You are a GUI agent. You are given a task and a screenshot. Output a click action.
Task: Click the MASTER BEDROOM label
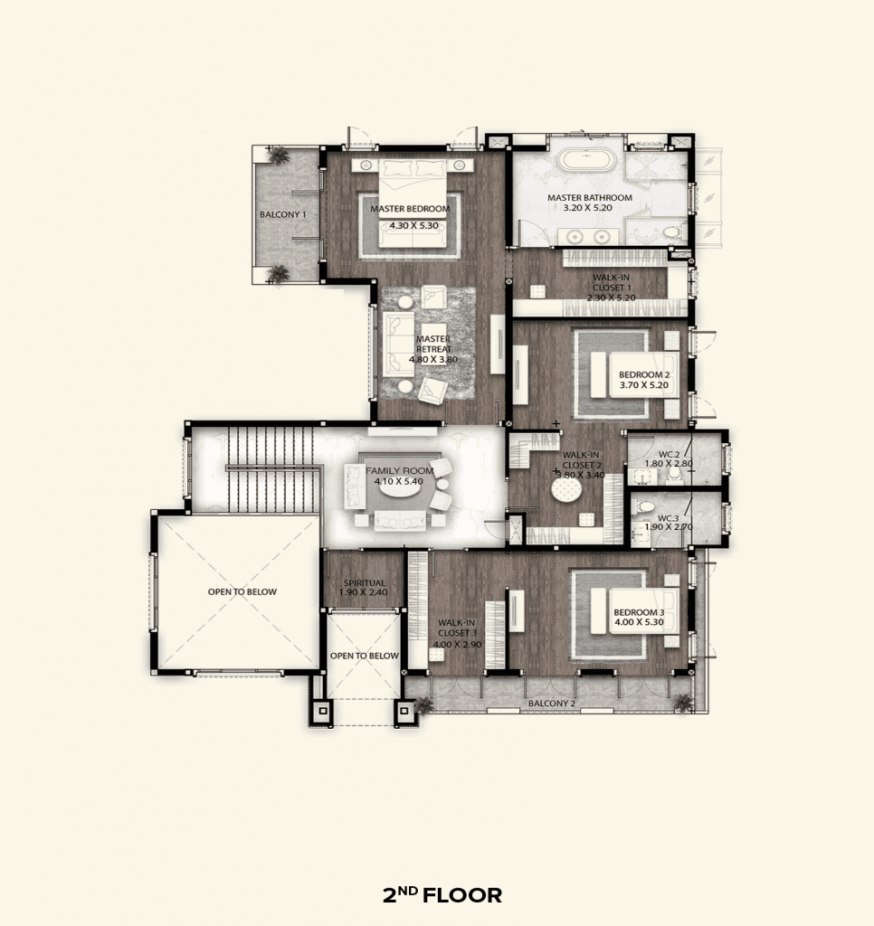pos(410,209)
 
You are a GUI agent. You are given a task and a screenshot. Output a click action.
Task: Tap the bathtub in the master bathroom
pos(588,161)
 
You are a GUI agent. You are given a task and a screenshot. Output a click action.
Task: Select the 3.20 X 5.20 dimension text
pos(587,208)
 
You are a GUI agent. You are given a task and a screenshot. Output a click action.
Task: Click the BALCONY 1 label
pos(283,214)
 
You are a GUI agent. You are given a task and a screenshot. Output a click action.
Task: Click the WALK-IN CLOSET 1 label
pos(611,282)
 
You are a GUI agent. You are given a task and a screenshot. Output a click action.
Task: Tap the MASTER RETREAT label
pos(433,344)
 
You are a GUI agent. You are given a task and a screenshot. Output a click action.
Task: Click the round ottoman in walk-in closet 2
pos(566,489)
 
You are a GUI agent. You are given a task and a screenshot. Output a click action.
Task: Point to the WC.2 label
pos(669,454)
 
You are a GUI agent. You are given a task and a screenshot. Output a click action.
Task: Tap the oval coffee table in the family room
pos(394,488)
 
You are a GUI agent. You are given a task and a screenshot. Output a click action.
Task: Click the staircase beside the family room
pos(271,468)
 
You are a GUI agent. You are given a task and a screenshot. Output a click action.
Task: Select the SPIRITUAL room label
pos(365,583)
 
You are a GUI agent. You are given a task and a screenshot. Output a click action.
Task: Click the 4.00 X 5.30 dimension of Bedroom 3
pos(639,622)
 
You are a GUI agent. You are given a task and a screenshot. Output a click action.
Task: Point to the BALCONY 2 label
pos(551,704)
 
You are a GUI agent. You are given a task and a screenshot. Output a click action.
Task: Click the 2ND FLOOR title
pos(442,895)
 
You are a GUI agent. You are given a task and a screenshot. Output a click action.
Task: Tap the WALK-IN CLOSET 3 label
pos(457,628)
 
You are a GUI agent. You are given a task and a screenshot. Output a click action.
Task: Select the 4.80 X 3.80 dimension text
pos(433,359)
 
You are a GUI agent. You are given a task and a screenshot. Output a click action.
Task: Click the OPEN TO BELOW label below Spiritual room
pos(364,656)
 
